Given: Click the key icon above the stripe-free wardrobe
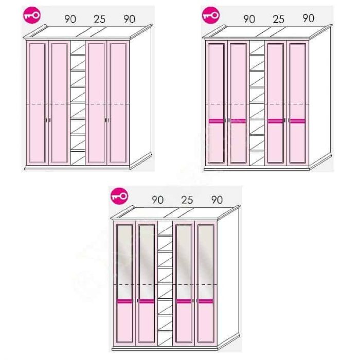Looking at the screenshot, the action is tap(32, 15).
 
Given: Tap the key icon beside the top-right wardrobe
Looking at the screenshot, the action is tap(211, 15).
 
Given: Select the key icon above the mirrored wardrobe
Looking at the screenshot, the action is tap(119, 196).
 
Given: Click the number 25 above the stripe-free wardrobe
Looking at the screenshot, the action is tap(100, 19).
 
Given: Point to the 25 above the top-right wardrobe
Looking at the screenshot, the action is tap(279, 19).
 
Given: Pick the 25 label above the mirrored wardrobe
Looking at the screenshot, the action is tap(187, 200).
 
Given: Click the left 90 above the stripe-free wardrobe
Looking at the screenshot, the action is tap(70, 19).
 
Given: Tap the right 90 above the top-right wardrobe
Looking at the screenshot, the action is tap(309, 18).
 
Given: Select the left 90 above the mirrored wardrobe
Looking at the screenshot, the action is tap(158, 200).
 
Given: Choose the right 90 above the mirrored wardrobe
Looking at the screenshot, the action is tap(217, 200).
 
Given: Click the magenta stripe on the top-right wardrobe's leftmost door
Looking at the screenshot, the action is tap(216, 121).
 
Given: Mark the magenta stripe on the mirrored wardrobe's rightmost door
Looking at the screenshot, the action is tap(206, 301).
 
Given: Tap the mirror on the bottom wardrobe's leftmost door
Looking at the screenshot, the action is tap(124, 262).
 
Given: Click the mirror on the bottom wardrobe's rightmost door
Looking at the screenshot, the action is tap(206, 262).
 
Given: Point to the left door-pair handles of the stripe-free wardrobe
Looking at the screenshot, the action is tap(48, 120).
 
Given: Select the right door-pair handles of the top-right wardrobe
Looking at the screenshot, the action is tap(286, 120).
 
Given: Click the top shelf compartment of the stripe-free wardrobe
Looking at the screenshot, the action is tap(78, 48).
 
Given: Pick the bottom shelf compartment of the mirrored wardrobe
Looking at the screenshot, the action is tap(165, 338).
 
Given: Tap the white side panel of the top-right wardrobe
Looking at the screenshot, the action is tap(320, 97).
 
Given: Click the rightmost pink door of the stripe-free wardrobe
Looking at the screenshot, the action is tap(118, 103).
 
